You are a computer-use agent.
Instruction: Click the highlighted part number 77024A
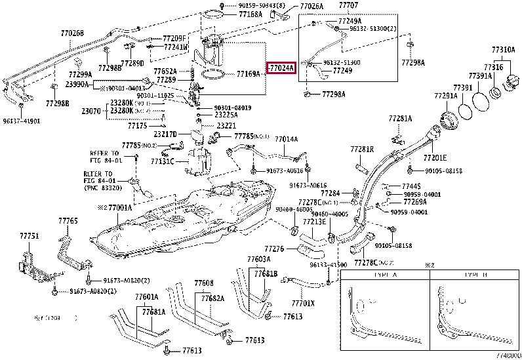281,67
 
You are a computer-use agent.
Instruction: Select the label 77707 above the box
348,5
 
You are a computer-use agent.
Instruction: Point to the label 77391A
480,76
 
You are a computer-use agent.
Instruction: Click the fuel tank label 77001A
118,207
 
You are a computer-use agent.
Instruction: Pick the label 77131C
162,162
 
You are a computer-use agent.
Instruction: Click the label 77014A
286,139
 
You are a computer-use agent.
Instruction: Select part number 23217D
165,134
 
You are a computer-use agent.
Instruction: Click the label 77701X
303,303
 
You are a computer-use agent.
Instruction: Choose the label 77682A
213,298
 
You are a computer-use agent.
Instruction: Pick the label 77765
68,221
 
